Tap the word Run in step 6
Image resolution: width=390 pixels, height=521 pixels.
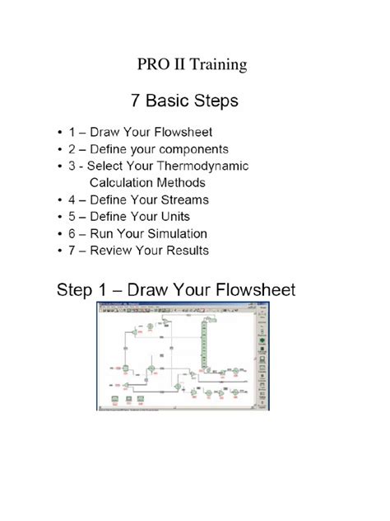(x=104, y=233)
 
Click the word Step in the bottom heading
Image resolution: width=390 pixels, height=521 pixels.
(x=76, y=291)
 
